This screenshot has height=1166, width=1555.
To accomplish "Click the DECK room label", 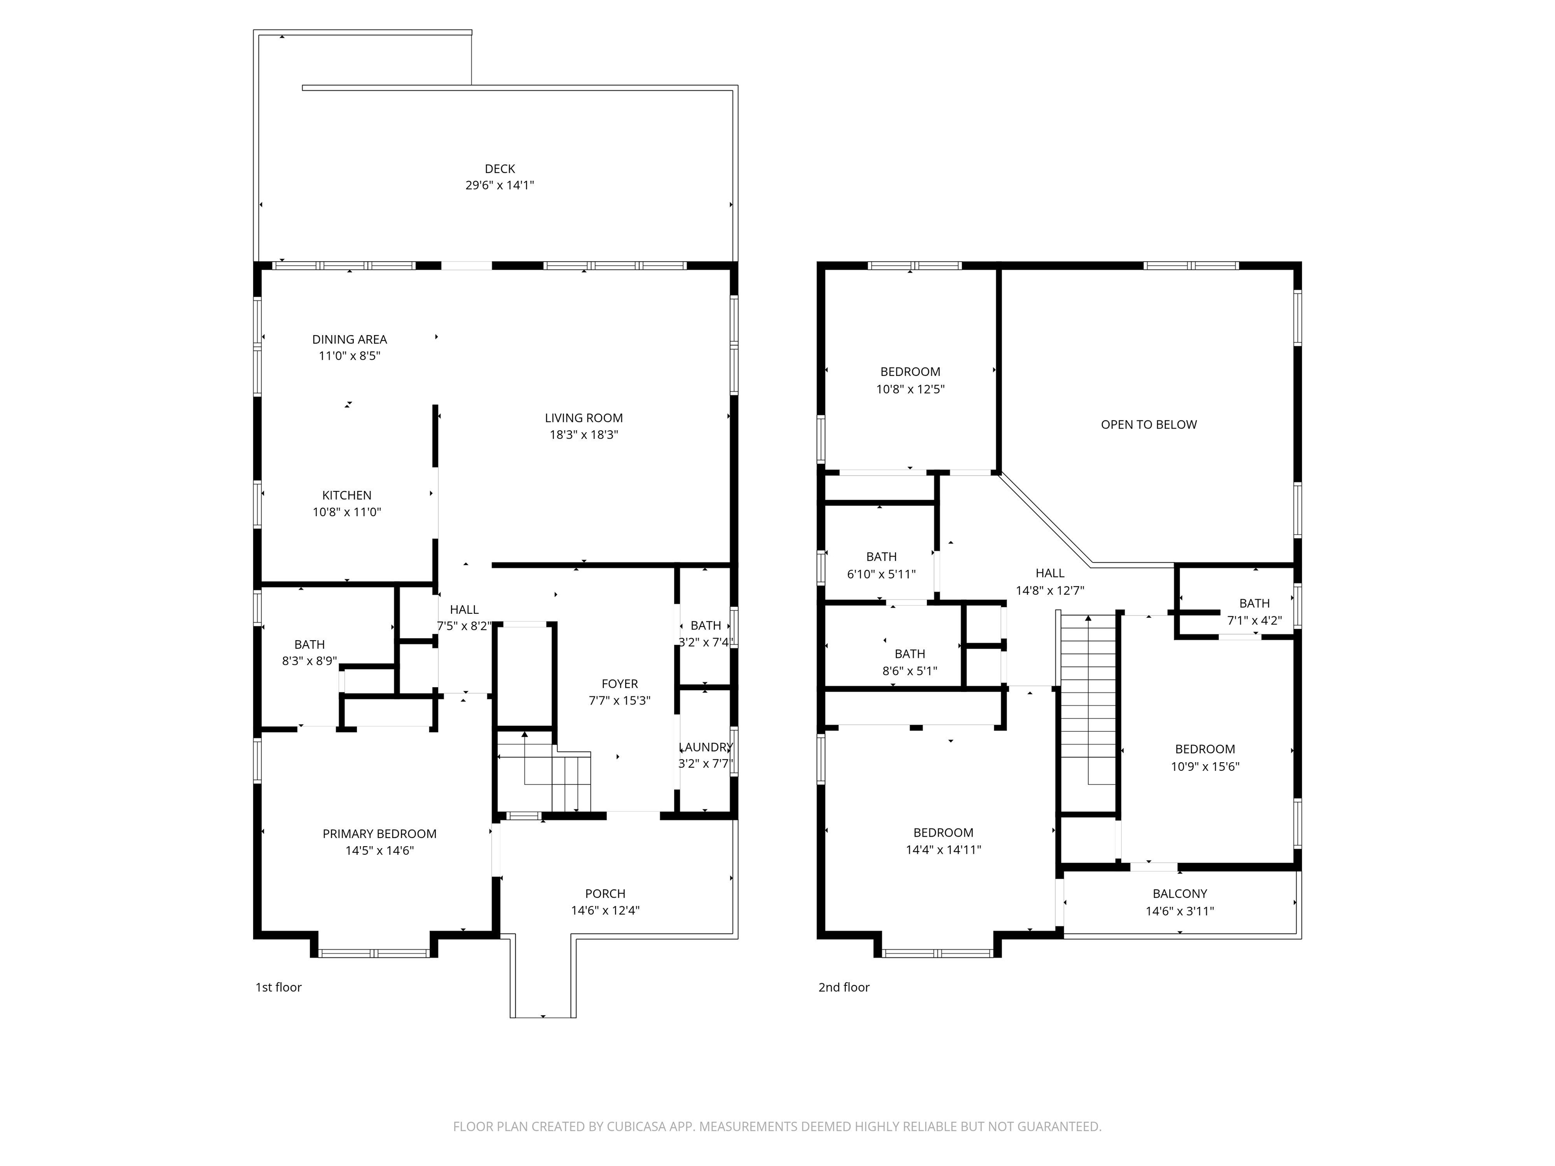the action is click(x=500, y=169).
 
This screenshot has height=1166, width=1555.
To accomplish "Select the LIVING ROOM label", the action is click(x=584, y=418).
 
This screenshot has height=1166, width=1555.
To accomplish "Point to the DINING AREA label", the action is click(x=349, y=340).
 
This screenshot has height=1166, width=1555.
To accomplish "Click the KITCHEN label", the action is click(x=347, y=495).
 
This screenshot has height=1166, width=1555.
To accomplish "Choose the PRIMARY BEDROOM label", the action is click(x=380, y=834).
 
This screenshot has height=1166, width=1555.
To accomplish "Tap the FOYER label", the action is click(x=620, y=684).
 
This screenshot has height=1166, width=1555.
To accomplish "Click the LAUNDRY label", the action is click(x=706, y=747).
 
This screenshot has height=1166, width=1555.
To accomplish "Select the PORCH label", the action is click(x=605, y=894).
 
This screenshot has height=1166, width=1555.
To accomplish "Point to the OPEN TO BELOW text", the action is click(x=1149, y=425).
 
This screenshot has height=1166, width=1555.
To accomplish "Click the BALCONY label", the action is click(x=1179, y=894).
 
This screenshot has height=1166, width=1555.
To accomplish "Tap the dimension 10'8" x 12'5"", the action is click(x=910, y=389).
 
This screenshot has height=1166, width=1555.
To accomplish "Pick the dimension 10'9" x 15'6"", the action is click(x=1205, y=767).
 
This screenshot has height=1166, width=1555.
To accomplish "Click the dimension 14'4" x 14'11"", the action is click(x=944, y=850).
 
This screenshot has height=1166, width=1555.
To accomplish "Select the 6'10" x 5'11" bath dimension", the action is click(x=882, y=574).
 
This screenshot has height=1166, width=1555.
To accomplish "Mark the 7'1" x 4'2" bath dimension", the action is click(x=1255, y=620).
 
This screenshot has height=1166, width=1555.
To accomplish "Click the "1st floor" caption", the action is click(x=278, y=987).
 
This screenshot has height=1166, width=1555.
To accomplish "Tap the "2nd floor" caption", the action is click(x=844, y=987).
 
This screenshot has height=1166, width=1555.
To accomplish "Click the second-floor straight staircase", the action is click(x=1088, y=699).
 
